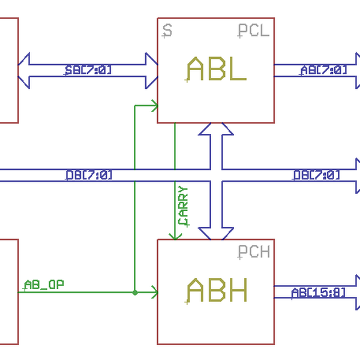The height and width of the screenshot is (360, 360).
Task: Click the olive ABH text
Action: coord(217,292)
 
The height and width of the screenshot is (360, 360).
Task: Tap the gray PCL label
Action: coord(253,31)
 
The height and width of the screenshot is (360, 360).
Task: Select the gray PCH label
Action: coord(253,252)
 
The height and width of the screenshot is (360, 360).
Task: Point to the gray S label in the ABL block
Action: coord(167,30)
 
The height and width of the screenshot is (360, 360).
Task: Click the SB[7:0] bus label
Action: coord(88,70)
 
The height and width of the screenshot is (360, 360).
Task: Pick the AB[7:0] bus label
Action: coord(323,70)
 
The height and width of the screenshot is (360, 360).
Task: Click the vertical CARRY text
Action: coord(184,206)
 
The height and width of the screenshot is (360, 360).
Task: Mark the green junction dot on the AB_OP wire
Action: coord(135,293)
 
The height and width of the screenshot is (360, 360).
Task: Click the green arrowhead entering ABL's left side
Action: coord(154,106)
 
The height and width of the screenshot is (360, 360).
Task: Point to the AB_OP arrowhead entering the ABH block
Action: coord(154,293)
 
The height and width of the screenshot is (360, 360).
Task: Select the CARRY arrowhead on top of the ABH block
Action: coord(175,235)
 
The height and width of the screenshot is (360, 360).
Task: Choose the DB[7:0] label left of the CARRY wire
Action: coord(89,175)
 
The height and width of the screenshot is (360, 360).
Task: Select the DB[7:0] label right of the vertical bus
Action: coord(316,175)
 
